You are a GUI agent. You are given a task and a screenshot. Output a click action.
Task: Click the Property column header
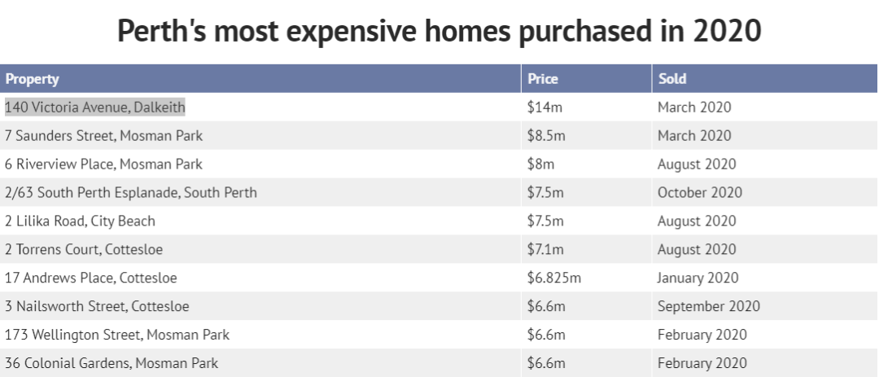click(x=33, y=79)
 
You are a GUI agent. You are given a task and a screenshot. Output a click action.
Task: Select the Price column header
click(x=543, y=79)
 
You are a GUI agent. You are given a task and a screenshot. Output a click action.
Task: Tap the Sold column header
click(x=672, y=79)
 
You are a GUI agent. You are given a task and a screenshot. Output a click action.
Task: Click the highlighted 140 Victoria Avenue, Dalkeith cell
click(x=94, y=107)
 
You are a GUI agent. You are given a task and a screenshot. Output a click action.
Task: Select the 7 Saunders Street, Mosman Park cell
click(x=103, y=135)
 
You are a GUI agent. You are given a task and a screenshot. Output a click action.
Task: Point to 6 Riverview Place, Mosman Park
click(x=103, y=164)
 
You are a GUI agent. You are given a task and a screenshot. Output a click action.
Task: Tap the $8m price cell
click(x=540, y=164)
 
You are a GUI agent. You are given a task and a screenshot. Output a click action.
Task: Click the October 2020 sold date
click(x=699, y=192)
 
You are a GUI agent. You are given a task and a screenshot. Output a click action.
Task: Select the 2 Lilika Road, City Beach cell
click(x=80, y=221)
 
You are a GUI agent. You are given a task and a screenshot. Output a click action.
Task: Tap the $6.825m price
click(x=553, y=278)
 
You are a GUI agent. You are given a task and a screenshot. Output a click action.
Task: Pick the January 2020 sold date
click(x=698, y=278)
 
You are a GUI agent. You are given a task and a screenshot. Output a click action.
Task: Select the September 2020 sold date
click(x=708, y=306)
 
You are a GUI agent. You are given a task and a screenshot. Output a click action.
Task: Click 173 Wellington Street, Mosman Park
click(x=117, y=335)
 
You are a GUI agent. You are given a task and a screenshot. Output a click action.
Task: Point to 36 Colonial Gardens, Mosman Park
click(x=112, y=363)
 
